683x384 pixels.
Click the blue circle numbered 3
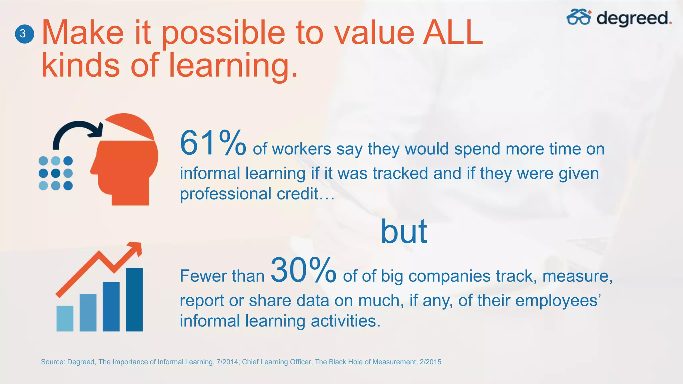(x=24, y=34)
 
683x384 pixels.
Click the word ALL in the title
(x=453, y=33)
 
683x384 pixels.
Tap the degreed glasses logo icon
(x=579, y=17)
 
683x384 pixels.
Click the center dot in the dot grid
(x=56, y=173)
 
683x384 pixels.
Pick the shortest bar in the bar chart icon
(x=65, y=318)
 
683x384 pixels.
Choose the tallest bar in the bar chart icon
(x=134, y=299)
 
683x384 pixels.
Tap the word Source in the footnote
(x=52, y=362)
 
